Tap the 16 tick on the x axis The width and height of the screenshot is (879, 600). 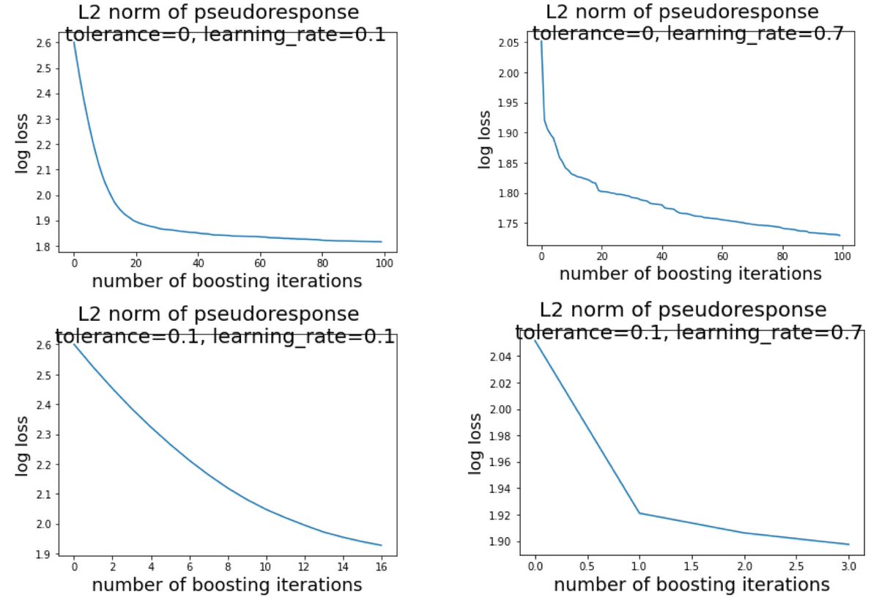[381, 566]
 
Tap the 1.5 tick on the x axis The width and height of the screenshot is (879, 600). [691, 566]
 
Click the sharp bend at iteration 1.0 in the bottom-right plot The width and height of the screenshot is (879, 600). [639, 513]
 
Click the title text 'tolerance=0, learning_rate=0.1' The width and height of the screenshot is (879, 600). [225, 34]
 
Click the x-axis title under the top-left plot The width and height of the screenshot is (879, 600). [226, 281]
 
